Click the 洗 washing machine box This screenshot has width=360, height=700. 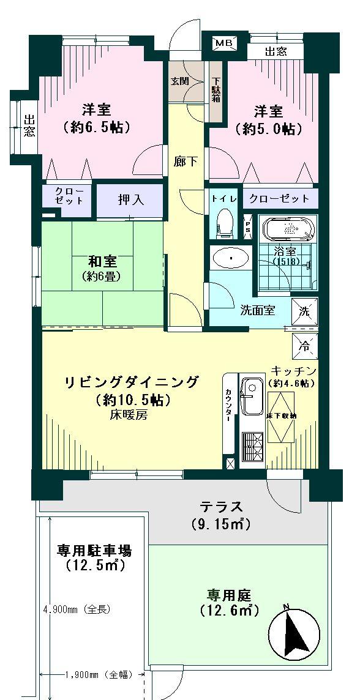[305, 310]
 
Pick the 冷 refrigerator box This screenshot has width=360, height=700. [305, 345]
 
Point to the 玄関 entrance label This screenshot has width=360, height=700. [180, 80]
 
